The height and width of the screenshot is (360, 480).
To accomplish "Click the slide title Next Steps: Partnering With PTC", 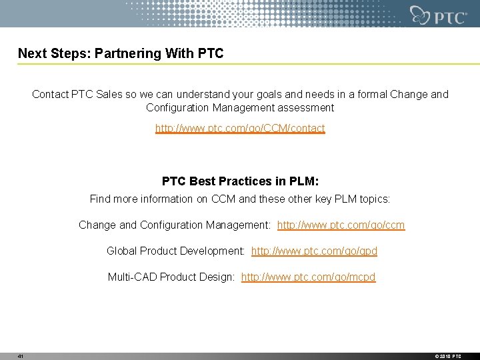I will (x=121, y=53).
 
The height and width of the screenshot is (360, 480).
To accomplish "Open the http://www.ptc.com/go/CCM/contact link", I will (x=240, y=128).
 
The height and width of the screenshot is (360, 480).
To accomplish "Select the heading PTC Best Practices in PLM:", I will (x=240, y=181).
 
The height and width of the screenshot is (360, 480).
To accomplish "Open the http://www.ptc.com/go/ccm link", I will (x=341, y=225).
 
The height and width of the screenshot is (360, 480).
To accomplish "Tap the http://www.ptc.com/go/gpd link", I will (x=314, y=251).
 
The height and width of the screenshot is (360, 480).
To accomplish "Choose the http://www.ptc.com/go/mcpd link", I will (x=308, y=277).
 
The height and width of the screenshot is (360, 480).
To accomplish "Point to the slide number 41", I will (x=21, y=357).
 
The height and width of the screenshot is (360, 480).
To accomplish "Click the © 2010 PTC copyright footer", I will (x=447, y=357).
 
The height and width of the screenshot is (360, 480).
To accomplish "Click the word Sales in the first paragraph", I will (x=109, y=95).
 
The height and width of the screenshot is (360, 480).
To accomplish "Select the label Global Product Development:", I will (x=175, y=251).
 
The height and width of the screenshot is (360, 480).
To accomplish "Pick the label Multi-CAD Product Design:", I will (x=171, y=277).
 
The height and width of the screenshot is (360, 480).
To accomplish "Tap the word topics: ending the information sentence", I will (x=374, y=199).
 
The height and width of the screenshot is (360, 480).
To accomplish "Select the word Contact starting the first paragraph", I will (x=50, y=95).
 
